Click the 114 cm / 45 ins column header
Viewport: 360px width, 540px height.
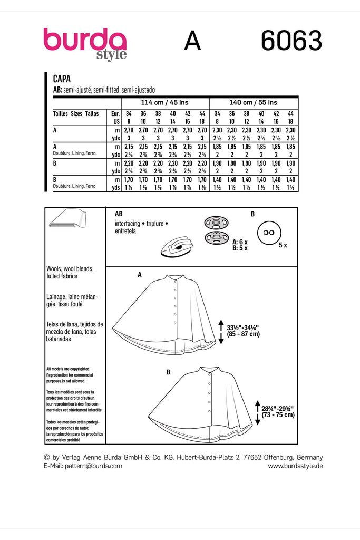pyautogui.click(x=164, y=102)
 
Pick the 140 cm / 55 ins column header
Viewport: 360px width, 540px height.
pyautogui.click(x=254, y=102)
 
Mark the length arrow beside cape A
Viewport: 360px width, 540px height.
pyautogui.click(x=221, y=331)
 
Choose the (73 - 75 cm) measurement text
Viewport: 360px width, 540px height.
pyautogui.click(x=276, y=415)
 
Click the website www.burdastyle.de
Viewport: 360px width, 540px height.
pyautogui.click(x=295, y=466)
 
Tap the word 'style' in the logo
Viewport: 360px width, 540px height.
pyautogui.click(x=111, y=55)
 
